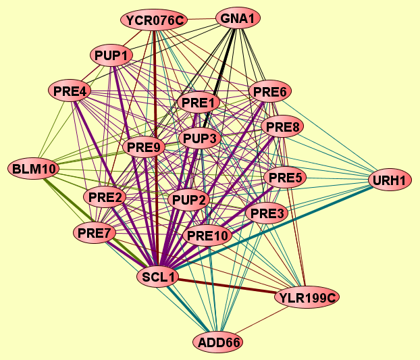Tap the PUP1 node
click(112, 55)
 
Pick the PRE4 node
click(70, 90)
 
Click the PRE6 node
click(270, 91)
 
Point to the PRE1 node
click(199, 103)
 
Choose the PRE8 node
click(284, 126)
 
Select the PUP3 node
click(200, 139)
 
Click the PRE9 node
click(145, 147)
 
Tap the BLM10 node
click(33, 168)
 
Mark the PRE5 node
click(286, 178)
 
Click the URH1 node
click(390, 180)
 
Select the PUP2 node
click(190, 200)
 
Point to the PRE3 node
click(268, 214)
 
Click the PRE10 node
click(208, 236)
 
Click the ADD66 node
click(219, 342)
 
